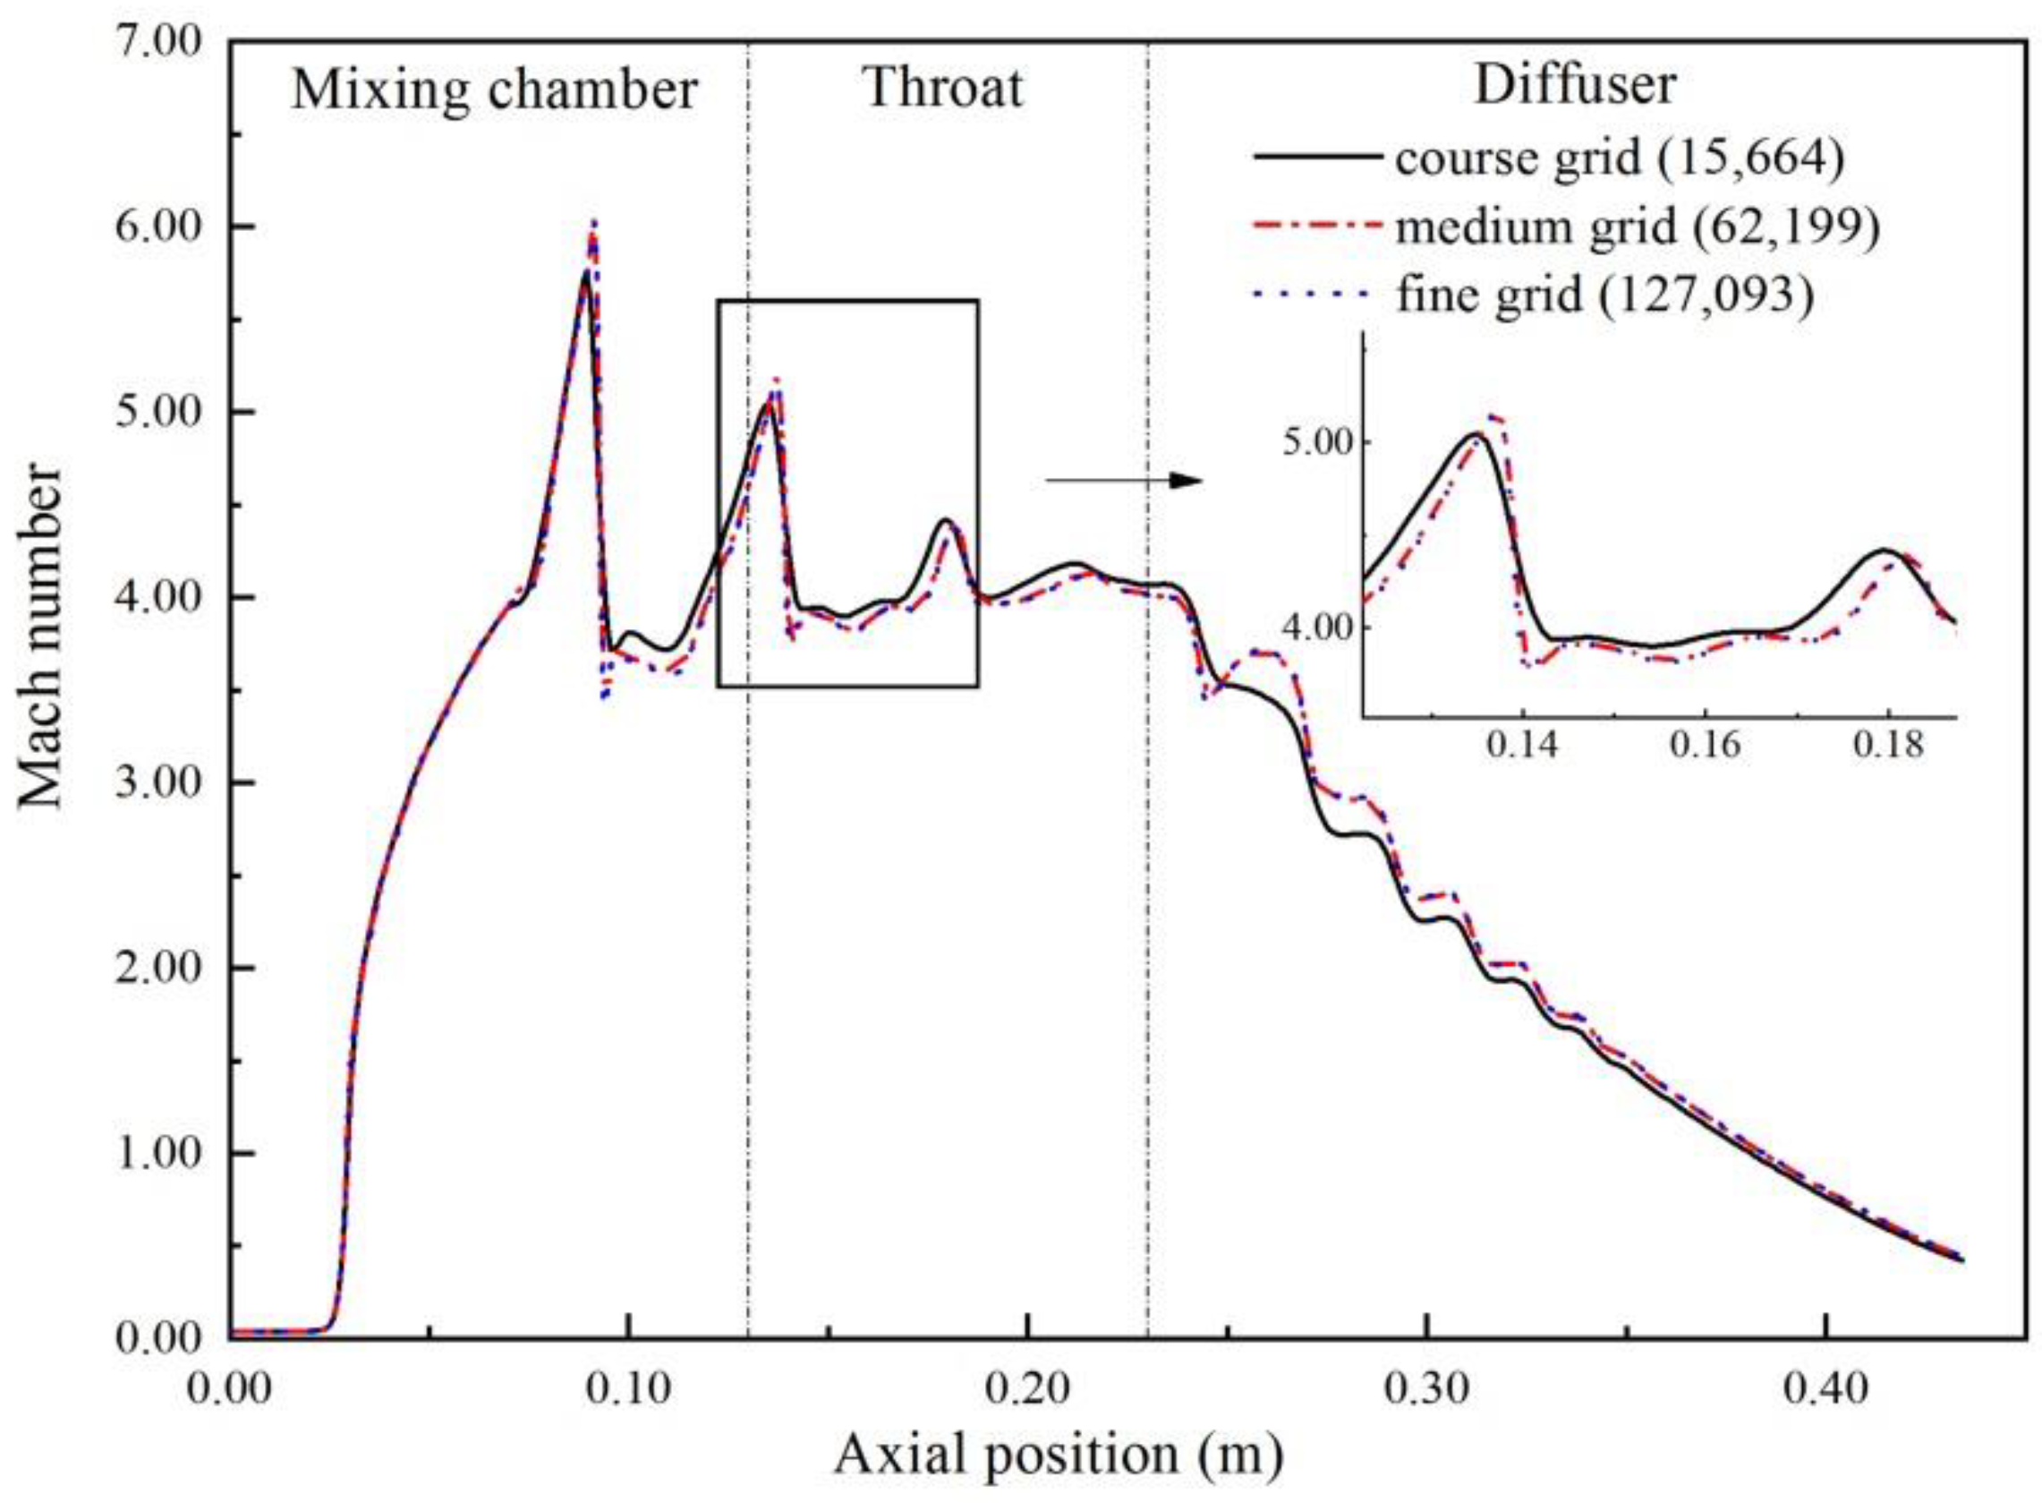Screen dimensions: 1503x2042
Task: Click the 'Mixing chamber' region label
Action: tap(495, 91)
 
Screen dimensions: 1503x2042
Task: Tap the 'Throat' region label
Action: tap(943, 90)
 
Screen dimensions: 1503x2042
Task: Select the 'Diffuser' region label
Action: tap(1575, 86)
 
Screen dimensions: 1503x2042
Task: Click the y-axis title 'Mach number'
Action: tap(41, 636)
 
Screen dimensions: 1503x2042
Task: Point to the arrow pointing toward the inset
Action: tap(1124, 481)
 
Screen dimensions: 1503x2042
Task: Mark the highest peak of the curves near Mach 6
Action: tap(593, 224)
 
